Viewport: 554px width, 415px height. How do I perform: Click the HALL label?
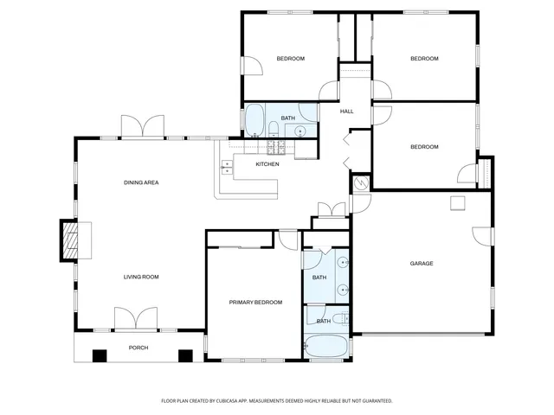click(x=346, y=112)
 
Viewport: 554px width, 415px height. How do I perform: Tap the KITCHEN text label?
click(x=267, y=164)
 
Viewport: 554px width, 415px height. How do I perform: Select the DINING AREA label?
click(x=140, y=182)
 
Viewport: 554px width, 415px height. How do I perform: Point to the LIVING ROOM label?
click(x=140, y=277)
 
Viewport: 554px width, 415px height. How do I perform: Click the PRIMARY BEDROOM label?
click(x=255, y=303)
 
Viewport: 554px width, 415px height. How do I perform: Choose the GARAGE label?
click(x=422, y=264)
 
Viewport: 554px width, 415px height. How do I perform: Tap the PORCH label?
click(x=138, y=348)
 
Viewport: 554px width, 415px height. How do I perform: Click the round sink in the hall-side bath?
click(x=300, y=131)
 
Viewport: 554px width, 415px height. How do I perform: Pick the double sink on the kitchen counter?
click(x=227, y=167)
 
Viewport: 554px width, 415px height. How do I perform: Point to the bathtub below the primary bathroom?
click(x=326, y=347)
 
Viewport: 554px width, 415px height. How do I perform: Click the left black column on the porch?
click(x=100, y=354)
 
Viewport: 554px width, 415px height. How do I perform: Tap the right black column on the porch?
click(x=184, y=354)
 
